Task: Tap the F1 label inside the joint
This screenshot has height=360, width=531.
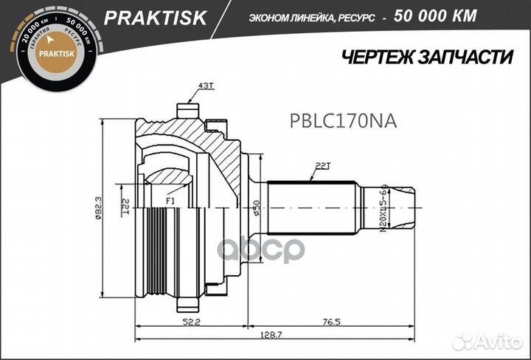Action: point(170,200)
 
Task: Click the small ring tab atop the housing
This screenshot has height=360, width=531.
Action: point(189,110)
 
